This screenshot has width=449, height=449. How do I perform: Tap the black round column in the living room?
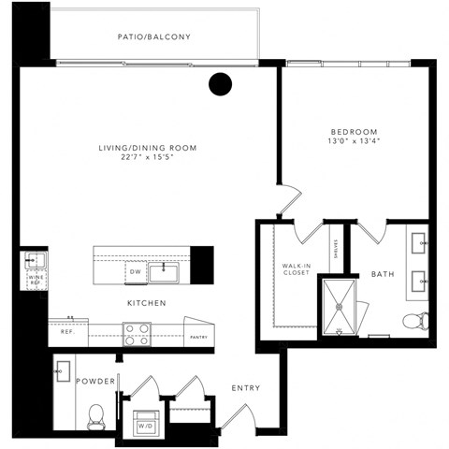tap(219, 84)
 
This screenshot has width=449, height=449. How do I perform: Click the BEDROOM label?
tap(353, 131)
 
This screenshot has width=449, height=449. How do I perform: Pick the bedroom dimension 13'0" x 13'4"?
tap(353, 142)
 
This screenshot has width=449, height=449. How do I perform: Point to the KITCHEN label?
tap(147, 303)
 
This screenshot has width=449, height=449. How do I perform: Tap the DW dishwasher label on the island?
tap(135, 272)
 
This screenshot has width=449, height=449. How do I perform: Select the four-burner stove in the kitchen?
tap(138, 334)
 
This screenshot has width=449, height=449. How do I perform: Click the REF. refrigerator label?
tap(67, 331)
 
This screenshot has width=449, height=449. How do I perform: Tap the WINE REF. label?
tap(35, 279)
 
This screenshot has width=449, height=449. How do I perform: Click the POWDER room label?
tap(96, 382)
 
